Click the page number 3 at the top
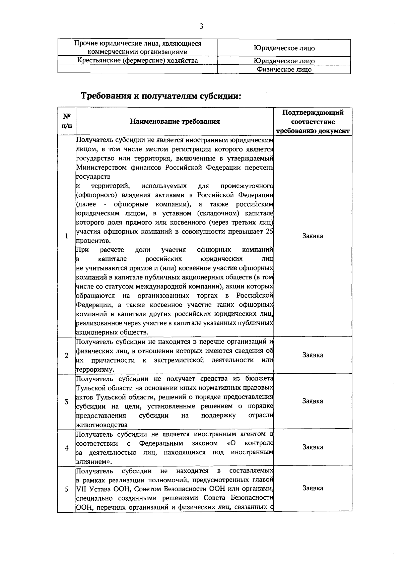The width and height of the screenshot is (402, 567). point(201,26)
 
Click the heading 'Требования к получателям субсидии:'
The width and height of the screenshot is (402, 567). point(161,96)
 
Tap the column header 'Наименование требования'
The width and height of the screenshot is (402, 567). point(175,121)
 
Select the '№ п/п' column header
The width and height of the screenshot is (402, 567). point(67,121)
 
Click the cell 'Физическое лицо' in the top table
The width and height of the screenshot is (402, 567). point(284,70)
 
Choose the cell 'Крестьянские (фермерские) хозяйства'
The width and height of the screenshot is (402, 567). point(137,60)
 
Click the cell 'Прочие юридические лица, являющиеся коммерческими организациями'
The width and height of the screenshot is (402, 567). point(137,48)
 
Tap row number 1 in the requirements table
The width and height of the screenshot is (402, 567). point(67,236)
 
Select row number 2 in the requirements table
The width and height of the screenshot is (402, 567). point(67,355)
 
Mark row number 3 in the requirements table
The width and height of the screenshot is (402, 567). point(67,401)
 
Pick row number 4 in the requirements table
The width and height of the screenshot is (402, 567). point(67,448)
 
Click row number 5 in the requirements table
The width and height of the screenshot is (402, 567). point(67,489)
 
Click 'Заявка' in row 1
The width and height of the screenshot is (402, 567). point(313,236)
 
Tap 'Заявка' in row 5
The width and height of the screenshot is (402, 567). point(313,488)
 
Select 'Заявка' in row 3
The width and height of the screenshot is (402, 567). point(313,401)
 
